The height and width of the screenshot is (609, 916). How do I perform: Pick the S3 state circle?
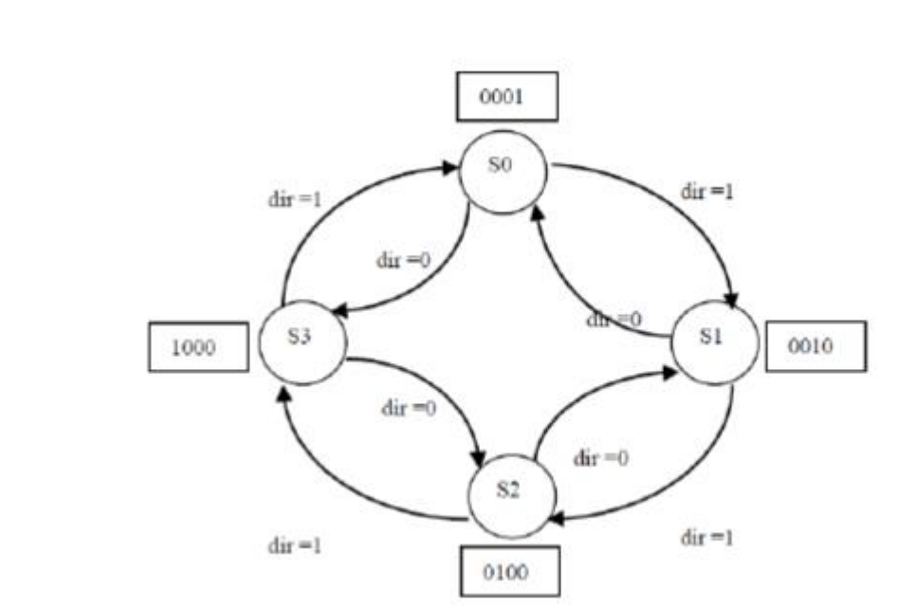300,341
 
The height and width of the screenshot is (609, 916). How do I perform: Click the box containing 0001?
506,99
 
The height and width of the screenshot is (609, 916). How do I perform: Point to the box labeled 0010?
815,346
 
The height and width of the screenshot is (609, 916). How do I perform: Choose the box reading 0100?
509,573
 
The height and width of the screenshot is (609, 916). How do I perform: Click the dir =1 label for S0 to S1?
707,191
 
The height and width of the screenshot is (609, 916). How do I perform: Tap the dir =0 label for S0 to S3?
402,261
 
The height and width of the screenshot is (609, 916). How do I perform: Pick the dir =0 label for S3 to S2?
408,410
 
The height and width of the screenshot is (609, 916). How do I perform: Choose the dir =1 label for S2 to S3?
297,546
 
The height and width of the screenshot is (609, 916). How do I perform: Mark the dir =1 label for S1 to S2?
707,538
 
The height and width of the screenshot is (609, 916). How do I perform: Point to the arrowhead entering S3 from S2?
283,391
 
